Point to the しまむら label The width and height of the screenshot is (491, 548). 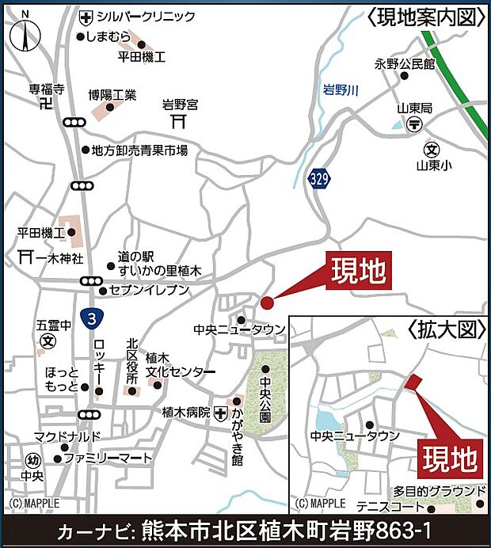click(107, 36)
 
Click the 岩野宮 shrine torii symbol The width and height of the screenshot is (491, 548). click(178, 121)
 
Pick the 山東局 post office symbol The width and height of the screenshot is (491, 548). click(414, 124)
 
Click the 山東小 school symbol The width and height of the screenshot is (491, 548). click(432, 149)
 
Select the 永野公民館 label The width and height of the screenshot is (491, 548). click(405, 63)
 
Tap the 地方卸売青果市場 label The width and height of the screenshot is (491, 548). click(139, 150)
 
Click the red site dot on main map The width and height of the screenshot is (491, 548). click(267, 302)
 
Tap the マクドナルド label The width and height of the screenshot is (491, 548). click(67, 437)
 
